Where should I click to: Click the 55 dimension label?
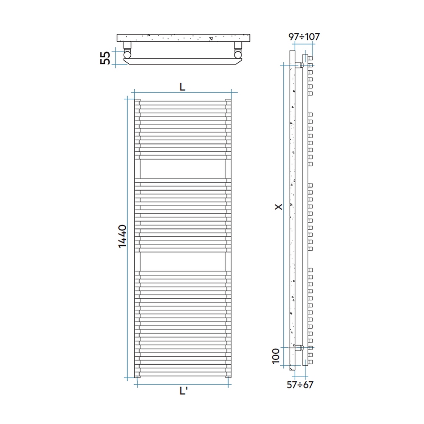coord(105,57)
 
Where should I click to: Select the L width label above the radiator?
coord(182,86)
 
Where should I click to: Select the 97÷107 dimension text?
coord(304,36)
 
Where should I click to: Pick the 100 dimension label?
coord(276,357)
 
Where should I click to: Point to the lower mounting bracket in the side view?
coord(299,347)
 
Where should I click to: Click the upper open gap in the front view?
coord(182,168)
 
